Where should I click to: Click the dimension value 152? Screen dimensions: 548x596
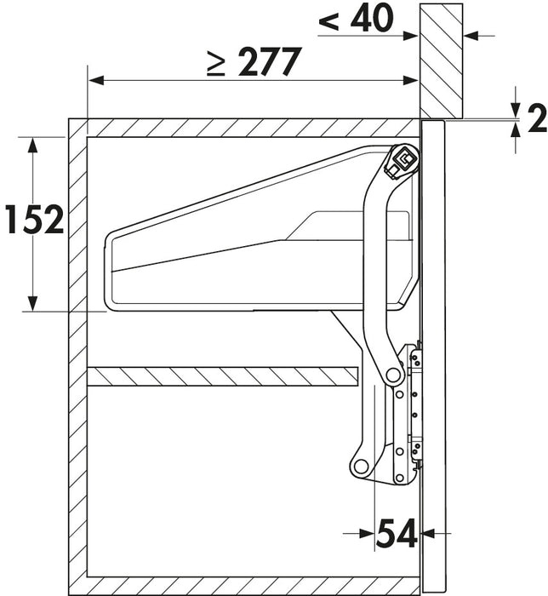[35, 219]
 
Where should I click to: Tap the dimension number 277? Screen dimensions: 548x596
[269, 61]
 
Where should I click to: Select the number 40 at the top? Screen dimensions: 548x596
[371, 18]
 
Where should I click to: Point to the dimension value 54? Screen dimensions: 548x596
[397, 533]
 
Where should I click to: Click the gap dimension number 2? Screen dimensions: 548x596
[538, 118]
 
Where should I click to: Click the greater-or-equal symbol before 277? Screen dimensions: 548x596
[216, 63]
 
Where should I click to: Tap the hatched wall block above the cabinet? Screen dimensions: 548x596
[441, 60]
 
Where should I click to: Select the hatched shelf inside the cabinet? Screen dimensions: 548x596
[223, 376]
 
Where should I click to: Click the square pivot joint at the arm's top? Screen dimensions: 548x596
[403, 159]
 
